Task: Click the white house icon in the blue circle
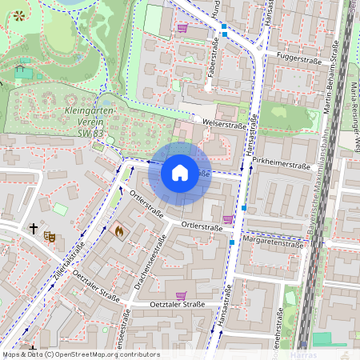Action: (180, 172)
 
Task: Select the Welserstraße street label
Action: (225, 125)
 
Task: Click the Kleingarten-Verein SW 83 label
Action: (87, 122)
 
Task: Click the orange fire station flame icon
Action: (120, 231)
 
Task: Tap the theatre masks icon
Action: (50, 237)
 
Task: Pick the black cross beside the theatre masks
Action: (34, 229)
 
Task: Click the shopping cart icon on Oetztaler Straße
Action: (181, 295)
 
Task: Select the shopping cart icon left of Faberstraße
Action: (182, 27)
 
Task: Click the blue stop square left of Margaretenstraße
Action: (232, 242)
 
